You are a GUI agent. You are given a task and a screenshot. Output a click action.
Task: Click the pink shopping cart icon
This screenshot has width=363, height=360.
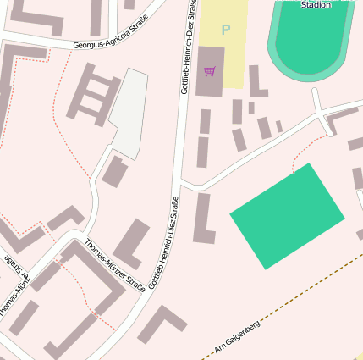(210, 71)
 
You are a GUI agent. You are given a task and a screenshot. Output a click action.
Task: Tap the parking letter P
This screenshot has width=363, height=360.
(225, 30)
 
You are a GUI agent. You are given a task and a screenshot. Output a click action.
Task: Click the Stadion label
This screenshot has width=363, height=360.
(315, 4)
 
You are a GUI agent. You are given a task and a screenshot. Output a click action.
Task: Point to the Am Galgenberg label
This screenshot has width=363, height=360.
(237, 338)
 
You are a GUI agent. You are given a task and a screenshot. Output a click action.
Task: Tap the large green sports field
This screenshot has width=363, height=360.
(288, 215)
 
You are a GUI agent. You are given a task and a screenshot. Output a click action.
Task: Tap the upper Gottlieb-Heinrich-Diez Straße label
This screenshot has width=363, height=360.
(188, 47)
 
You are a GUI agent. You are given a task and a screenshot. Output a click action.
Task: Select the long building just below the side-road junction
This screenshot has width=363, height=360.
(203, 219)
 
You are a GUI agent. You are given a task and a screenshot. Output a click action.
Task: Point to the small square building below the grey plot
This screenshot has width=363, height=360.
(114, 171)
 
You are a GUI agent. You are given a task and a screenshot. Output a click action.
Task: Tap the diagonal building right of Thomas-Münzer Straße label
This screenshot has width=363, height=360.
(132, 243)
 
